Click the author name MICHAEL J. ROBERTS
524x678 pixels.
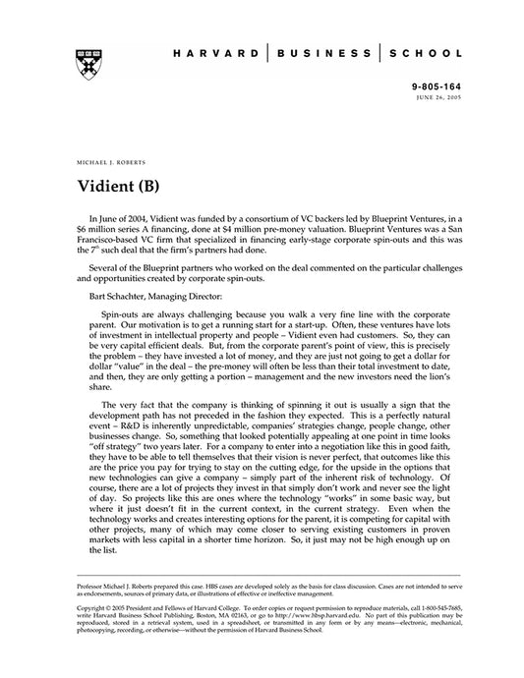pos(109,157)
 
